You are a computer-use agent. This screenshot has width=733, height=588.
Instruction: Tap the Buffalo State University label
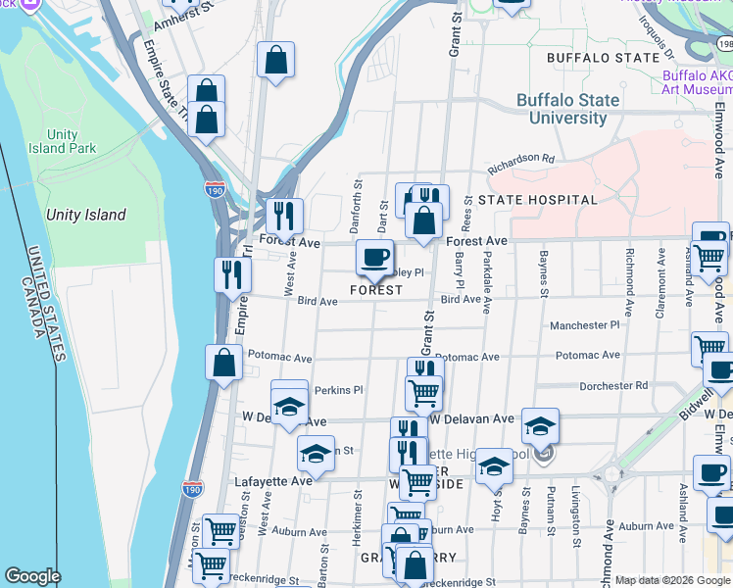coord(568,109)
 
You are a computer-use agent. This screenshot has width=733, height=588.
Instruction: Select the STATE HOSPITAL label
coord(537,200)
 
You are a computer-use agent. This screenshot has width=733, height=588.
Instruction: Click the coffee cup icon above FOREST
coord(374,258)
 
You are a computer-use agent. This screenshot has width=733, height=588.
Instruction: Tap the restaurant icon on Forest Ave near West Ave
coord(284,216)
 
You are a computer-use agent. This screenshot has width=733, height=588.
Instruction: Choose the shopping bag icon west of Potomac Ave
coord(224,363)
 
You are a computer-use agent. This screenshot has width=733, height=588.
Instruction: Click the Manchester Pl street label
coord(585,324)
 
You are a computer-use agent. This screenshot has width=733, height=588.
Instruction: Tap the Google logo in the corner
coord(32,576)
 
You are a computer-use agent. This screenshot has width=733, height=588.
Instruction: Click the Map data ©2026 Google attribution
coord(672,580)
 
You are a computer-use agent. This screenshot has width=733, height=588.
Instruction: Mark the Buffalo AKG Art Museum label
coord(696,82)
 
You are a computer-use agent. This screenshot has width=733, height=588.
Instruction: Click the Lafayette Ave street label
coord(273,481)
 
